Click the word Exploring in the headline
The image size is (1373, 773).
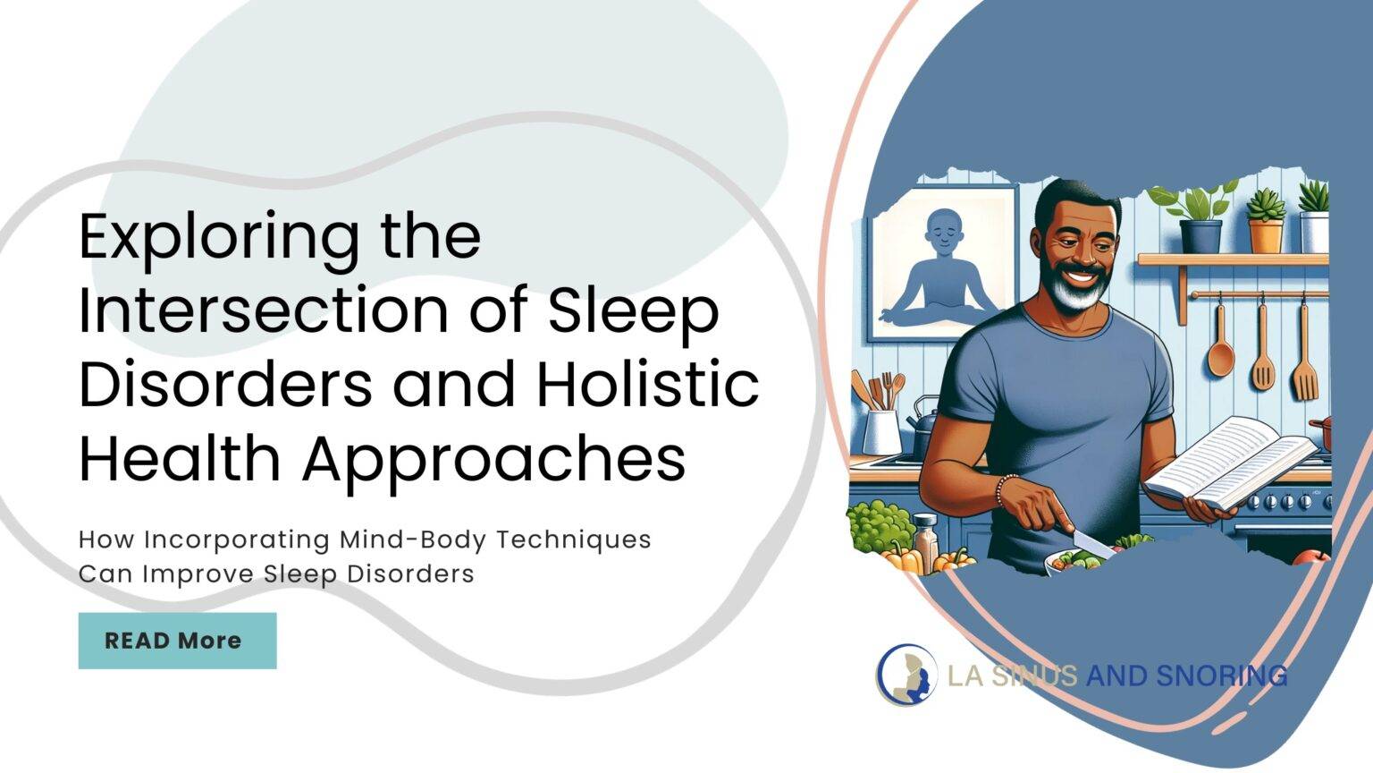click(x=215, y=237)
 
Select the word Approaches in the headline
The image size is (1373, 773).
click(x=493, y=459)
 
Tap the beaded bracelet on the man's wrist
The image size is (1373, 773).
click(x=1005, y=489)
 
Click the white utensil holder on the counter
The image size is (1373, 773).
click(x=880, y=429)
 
